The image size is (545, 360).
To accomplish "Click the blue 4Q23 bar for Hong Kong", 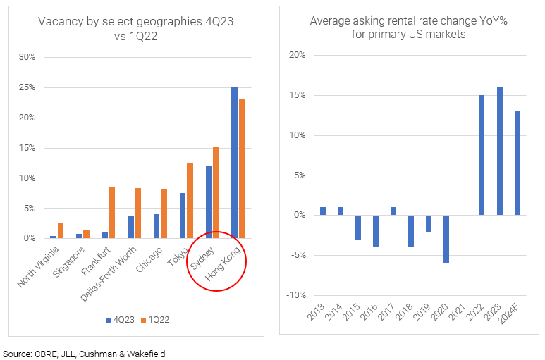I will pos(234,163).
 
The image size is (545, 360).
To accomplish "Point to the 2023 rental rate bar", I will pos(500,151).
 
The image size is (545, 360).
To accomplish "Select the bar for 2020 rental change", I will pos(447,239).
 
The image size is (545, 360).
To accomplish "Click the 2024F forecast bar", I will pos(518,163).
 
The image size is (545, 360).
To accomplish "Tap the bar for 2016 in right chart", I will pos(376,231).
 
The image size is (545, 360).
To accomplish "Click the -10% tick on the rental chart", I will pos(295,295).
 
